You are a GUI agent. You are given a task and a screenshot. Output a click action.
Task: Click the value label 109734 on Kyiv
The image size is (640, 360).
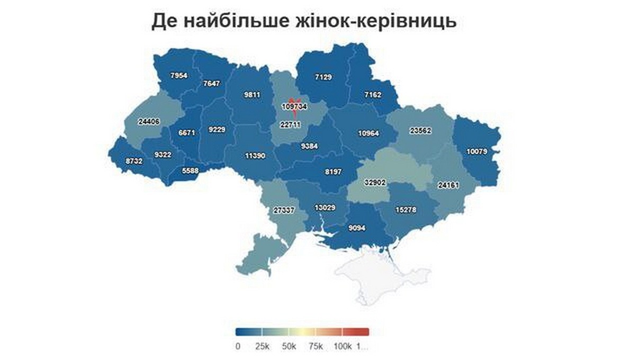(294, 106)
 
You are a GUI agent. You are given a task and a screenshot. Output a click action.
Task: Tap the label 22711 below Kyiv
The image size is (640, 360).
(290, 125)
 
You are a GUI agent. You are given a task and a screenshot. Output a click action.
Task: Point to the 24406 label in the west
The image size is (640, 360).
(149, 122)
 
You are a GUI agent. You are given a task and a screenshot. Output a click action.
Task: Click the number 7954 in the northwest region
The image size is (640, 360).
(179, 76)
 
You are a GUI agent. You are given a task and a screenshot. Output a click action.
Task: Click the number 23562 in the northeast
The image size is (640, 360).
(421, 130)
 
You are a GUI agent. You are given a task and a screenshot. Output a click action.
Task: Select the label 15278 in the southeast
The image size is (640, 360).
(406, 210)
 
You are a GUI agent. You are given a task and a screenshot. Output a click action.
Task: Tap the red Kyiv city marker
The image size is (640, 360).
(294, 101)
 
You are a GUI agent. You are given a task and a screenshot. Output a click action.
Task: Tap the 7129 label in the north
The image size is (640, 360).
(323, 77)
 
